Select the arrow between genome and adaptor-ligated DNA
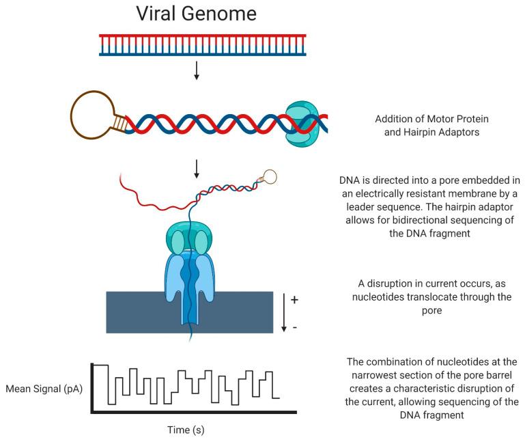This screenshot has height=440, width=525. tap(197, 70)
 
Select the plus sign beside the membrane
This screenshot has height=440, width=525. tap(294, 300)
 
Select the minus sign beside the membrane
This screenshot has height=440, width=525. tap(294, 327)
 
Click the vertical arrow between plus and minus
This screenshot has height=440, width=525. tap(284, 312)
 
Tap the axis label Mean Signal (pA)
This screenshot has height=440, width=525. tap(42, 389)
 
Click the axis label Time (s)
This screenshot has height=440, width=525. tap(186, 430)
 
